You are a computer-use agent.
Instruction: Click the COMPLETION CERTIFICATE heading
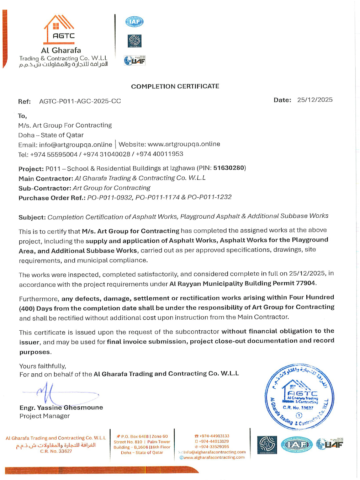(175, 86)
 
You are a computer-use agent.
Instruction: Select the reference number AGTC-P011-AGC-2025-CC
(80, 101)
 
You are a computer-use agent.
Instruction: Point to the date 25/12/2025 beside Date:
(315, 100)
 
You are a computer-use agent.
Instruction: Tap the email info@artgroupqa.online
(76, 145)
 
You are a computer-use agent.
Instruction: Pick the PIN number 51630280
(229, 168)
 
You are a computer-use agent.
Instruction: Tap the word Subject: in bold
(32, 217)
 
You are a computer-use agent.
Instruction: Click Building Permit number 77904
(306, 283)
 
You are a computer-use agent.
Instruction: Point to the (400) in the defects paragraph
(27, 308)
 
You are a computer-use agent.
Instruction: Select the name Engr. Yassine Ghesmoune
(61, 407)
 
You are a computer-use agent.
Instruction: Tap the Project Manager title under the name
(44, 416)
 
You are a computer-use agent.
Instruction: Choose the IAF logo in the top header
(134, 22)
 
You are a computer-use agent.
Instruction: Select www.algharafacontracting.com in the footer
(214, 458)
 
